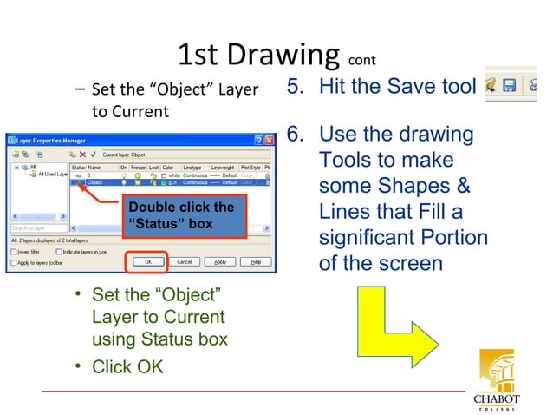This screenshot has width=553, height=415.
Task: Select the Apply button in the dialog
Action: click(220, 260)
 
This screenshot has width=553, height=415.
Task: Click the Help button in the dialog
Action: click(256, 260)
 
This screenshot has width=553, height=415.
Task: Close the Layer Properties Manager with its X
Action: click(270, 139)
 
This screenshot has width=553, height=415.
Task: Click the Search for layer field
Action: click(35, 229)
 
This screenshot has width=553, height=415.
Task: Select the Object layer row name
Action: click(95, 182)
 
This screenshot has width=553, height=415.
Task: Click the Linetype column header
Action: click(192, 167)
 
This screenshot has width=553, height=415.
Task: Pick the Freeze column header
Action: click(139, 167)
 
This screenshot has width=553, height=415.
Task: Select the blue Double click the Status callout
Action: click(180, 215)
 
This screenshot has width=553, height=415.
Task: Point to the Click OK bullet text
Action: click(127, 366)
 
